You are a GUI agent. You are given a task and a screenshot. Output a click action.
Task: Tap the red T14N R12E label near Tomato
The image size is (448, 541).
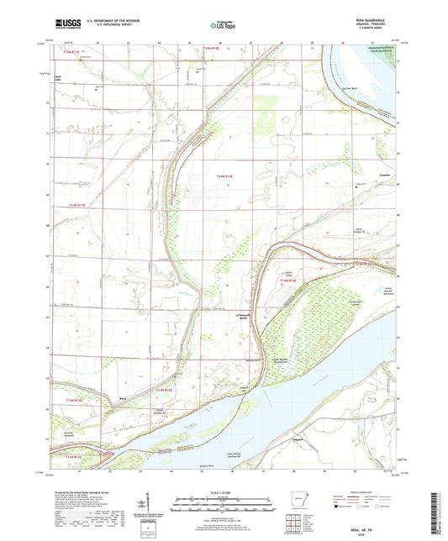pyautogui.click(x=221, y=175)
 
